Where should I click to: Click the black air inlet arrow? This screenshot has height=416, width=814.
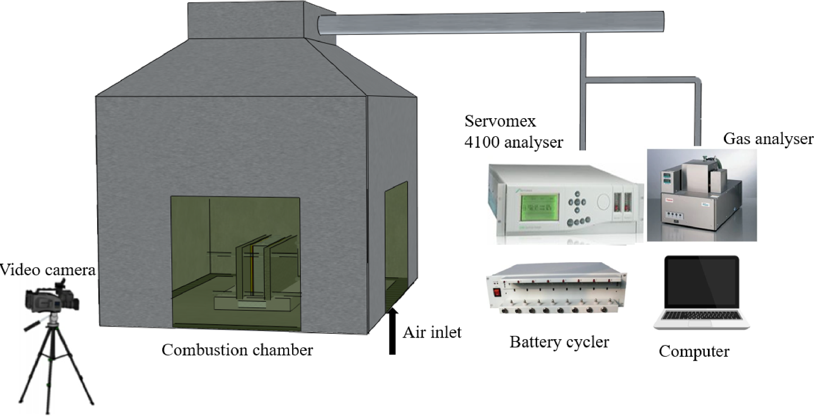[x=392, y=331]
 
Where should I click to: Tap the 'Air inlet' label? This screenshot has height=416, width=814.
[x=432, y=332]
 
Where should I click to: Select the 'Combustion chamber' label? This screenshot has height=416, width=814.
[x=237, y=350]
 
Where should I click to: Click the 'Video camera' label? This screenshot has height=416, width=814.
[x=48, y=270]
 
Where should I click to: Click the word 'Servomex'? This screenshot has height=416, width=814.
[x=501, y=121]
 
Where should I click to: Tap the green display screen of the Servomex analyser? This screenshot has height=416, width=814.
[x=540, y=208]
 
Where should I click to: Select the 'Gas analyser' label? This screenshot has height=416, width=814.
[x=768, y=139]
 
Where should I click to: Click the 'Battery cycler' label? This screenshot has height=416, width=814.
[x=559, y=342]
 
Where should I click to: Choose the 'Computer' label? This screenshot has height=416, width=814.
[x=694, y=351]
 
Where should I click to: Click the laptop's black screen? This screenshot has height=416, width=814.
[x=702, y=282]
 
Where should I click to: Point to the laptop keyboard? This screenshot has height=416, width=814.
[x=702, y=315]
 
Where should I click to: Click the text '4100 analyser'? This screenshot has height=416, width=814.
[x=514, y=142]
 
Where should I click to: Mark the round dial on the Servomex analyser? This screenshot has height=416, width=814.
[x=603, y=201]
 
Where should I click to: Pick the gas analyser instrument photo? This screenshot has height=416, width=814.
[x=702, y=196]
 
